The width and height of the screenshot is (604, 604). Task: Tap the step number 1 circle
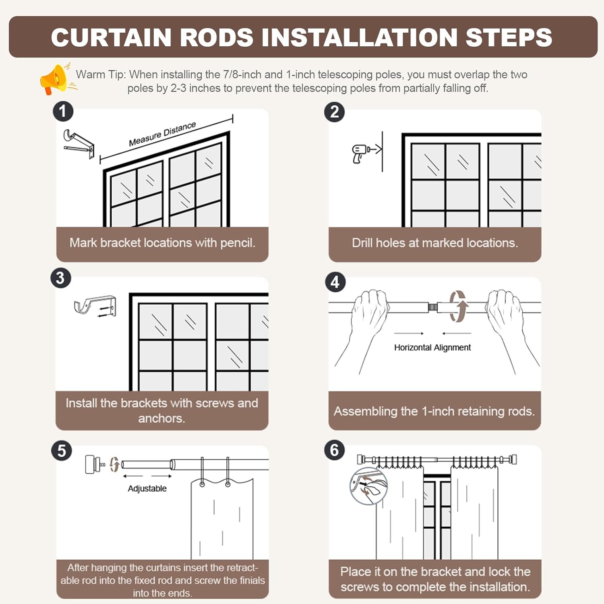[x=63, y=112]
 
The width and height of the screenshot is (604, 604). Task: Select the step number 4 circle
[x=335, y=282]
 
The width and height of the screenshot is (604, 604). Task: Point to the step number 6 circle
[x=335, y=450]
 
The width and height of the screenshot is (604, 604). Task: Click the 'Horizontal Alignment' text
[x=432, y=348]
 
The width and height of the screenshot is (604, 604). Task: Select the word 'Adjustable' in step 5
[x=147, y=488]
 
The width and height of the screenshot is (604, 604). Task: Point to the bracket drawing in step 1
[x=79, y=143]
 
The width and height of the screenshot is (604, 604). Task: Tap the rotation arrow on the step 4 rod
[x=458, y=306]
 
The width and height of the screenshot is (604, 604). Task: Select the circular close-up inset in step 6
[x=368, y=486]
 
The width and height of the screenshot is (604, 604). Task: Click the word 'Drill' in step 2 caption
[x=362, y=243]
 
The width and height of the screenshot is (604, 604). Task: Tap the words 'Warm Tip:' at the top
[x=101, y=74]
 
